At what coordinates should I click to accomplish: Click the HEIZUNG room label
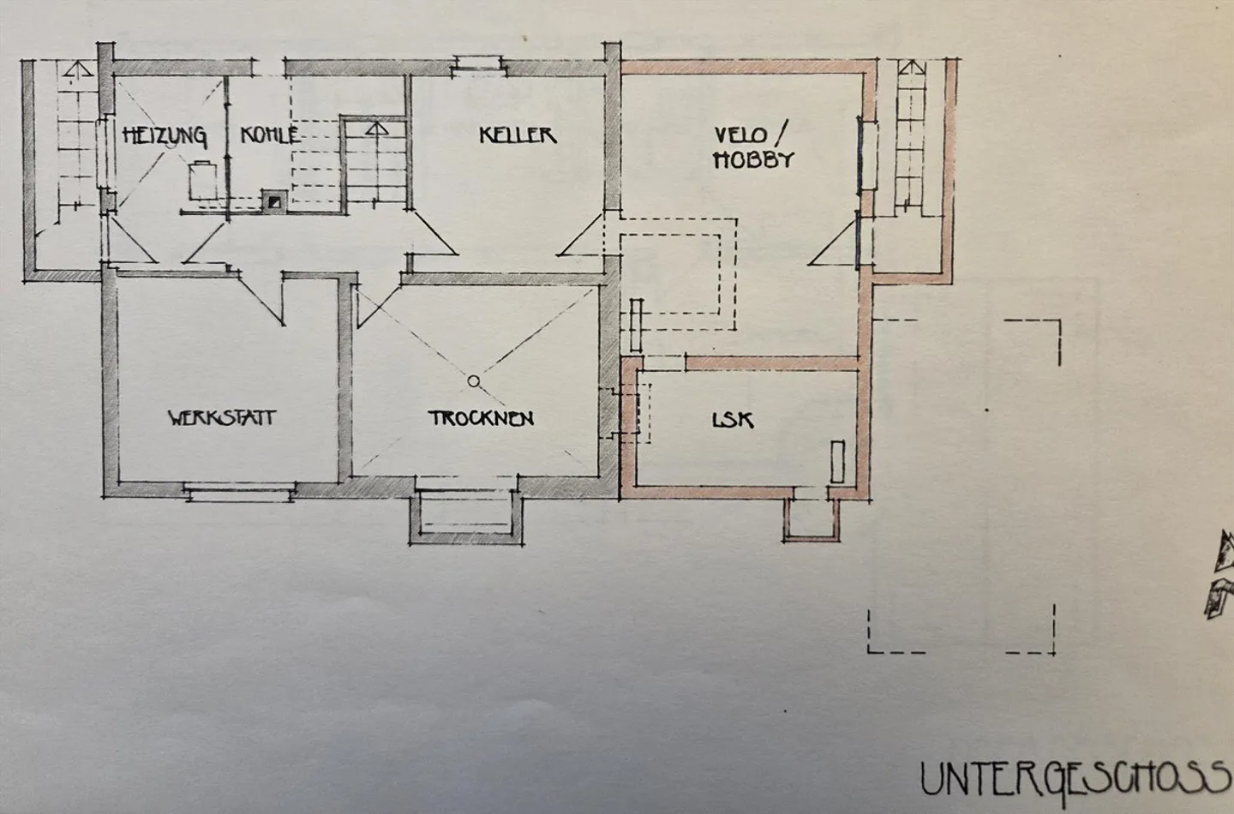(165, 136)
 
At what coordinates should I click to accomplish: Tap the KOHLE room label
(270, 135)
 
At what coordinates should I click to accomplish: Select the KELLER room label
(518, 135)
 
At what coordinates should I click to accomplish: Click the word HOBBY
(753, 159)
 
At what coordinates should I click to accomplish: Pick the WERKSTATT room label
(221, 417)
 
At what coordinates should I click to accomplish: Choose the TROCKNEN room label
(481, 418)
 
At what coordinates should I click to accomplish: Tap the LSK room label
(733, 420)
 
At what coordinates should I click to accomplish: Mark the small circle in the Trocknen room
(473, 380)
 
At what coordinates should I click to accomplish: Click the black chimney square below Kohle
(274, 202)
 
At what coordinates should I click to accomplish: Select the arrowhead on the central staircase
(377, 129)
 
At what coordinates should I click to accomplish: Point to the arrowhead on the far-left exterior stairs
(78, 69)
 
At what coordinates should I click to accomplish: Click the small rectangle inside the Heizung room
(202, 180)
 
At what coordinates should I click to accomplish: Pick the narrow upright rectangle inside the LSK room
(837, 462)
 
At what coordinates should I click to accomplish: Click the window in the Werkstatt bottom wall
(240, 491)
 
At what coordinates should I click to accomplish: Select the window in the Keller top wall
(479, 65)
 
